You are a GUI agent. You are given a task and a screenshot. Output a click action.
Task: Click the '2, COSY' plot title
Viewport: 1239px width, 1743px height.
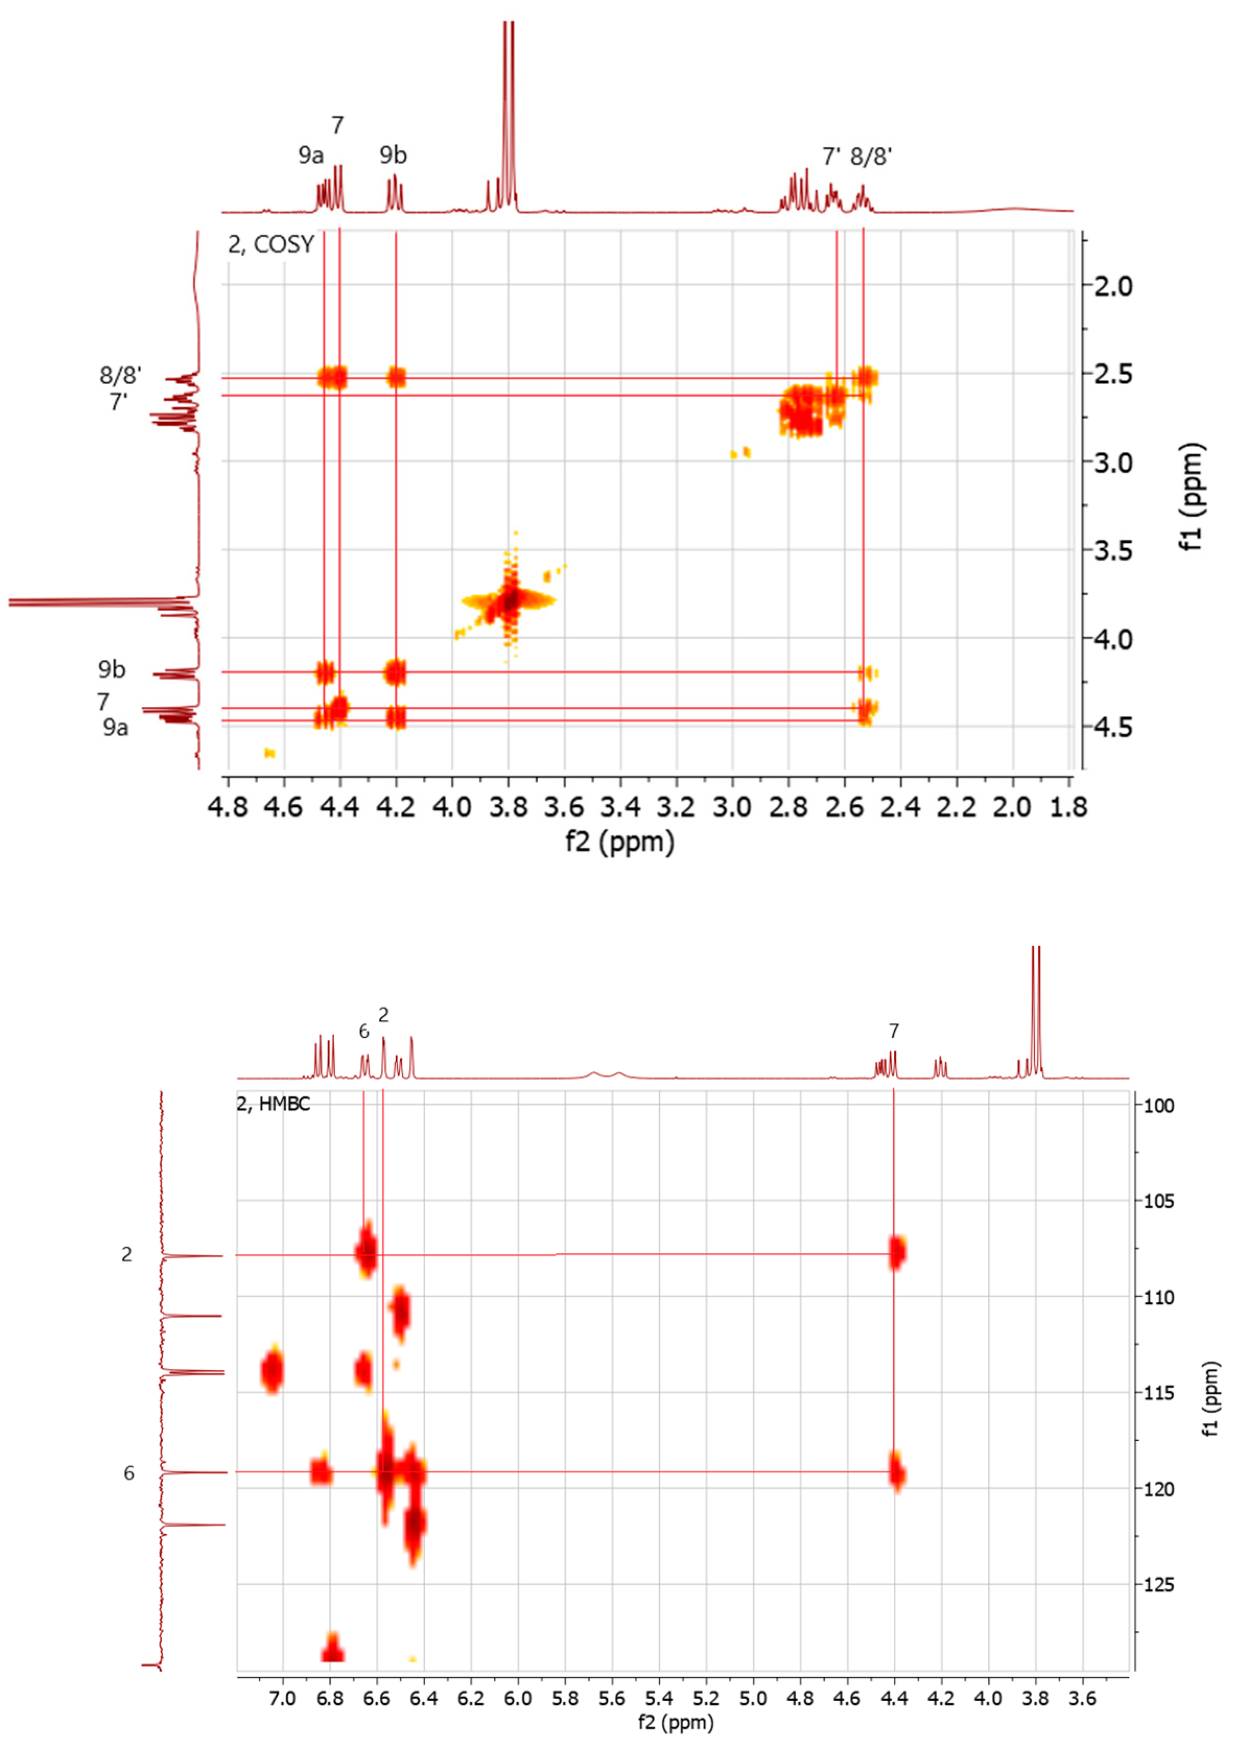click(x=271, y=245)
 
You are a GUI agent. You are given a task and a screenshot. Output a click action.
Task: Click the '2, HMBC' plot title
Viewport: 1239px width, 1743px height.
click(x=273, y=1104)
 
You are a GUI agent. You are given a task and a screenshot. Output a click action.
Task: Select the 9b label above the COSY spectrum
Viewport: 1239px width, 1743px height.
click(x=393, y=156)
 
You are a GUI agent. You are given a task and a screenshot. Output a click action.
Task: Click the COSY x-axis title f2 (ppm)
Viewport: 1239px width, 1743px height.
click(x=619, y=841)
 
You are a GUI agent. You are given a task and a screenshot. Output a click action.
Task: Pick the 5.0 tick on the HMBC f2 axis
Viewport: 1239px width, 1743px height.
click(x=753, y=1699)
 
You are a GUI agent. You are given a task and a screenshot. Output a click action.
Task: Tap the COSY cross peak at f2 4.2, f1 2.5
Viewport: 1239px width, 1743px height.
click(x=396, y=377)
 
